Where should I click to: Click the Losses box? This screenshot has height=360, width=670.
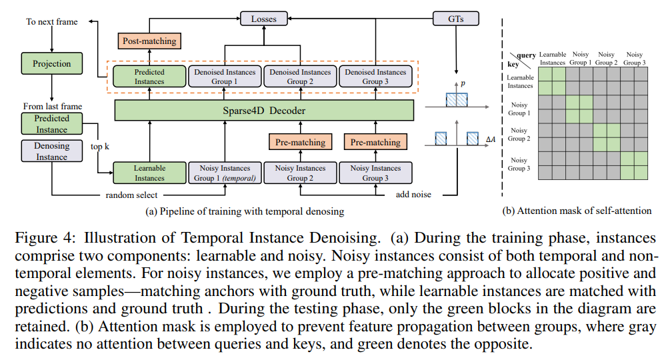(x=263, y=19)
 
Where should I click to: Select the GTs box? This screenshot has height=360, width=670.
(x=456, y=19)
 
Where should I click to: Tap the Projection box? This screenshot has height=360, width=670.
(x=52, y=63)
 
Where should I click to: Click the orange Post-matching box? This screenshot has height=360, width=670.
(x=149, y=41)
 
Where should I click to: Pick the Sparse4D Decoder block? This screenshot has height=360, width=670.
(x=264, y=111)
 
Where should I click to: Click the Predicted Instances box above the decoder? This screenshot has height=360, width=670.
(x=149, y=77)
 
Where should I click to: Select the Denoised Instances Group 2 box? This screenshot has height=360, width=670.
(x=300, y=77)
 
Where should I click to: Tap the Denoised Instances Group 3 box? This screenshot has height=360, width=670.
(x=375, y=77)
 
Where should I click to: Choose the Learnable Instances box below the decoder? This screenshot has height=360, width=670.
(x=149, y=173)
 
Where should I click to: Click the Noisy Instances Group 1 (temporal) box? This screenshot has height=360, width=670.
(x=225, y=173)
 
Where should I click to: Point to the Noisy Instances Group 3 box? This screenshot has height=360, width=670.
(x=375, y=173)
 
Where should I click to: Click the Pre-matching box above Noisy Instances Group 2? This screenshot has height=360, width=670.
(x=301, y=142)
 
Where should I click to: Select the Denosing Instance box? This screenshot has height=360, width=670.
(x=52, y=151)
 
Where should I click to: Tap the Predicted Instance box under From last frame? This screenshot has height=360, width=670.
(x=52, y=124)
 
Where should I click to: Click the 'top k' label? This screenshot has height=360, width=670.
(x=100, y=147)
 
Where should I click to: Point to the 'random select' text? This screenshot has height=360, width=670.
(x=131, y=195)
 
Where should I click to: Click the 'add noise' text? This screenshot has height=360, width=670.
(x=413, y=195)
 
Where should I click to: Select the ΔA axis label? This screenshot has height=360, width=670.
(x=491, y=139)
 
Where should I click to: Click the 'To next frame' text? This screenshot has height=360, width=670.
(x=52, y=22)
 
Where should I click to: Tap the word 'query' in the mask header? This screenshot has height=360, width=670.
(x=527, y=55)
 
